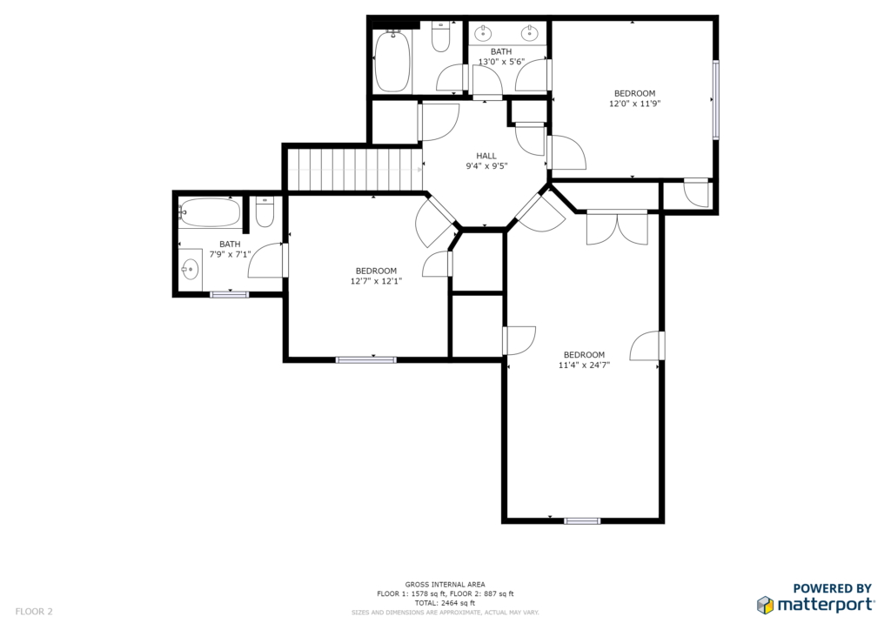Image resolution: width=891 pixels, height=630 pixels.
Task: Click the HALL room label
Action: point(486,156)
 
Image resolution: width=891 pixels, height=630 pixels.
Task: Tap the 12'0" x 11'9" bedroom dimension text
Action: point(634,104)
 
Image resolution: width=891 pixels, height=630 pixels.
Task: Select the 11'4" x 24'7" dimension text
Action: point(584,365)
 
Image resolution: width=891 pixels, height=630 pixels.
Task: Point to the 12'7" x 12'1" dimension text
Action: point(376,281)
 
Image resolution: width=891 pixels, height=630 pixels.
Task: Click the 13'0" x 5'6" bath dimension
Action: point(501,62)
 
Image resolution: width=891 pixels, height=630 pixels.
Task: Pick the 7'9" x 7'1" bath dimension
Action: point(230,254)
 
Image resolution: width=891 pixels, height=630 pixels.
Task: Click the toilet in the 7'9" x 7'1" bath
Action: point(265,212)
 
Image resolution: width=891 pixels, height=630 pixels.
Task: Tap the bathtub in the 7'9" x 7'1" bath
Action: point(209,212)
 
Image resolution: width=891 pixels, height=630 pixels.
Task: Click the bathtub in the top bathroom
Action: point(392,62)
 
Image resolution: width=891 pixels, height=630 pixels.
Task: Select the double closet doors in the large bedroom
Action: point(617,228)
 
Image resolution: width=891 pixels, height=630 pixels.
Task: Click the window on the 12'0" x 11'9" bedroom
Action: point(716,99)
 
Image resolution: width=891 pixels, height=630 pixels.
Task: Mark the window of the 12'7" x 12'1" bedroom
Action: point(366,359)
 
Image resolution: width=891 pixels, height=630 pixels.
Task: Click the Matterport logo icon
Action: point(766,605)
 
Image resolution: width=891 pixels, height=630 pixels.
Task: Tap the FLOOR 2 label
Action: point(34,612)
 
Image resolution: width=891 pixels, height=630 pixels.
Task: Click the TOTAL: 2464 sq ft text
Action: point(445,603)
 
